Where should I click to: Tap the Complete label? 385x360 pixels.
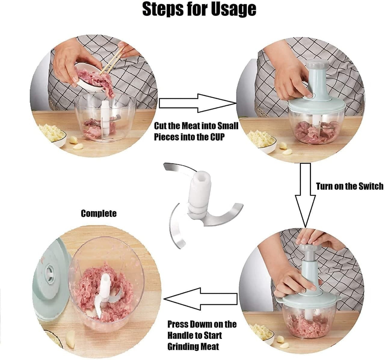click(99, 214)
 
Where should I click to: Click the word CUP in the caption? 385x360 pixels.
click(217, 137)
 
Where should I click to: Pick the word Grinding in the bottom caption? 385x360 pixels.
click(180, 346)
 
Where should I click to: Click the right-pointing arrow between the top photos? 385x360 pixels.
click(197, 103)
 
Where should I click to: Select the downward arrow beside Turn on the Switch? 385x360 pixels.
click(305, 195)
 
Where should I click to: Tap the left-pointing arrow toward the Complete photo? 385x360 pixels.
click(200, 299)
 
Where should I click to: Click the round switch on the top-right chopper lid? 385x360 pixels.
click(310, 96)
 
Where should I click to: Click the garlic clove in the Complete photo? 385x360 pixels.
click(70, 338)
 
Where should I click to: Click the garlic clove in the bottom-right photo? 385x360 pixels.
click(280, 339)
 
